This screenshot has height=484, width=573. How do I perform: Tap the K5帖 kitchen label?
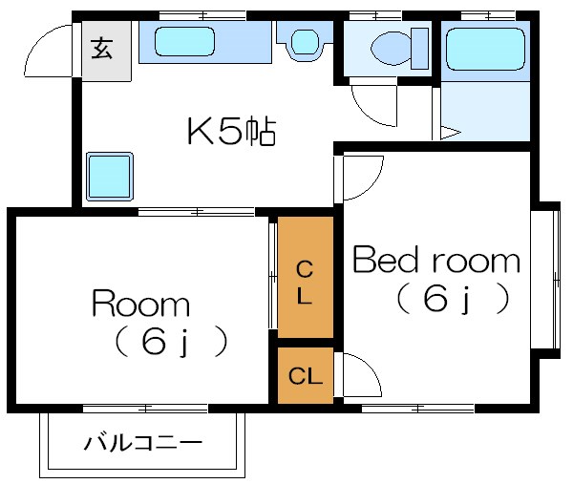230,132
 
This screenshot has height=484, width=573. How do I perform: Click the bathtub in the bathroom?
486,48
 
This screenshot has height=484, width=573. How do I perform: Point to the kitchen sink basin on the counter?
187,42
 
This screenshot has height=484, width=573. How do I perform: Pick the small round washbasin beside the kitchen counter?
304,42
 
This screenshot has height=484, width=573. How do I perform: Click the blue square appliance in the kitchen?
108,176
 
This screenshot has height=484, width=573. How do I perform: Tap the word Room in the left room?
140,305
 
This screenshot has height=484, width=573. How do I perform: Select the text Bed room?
436,261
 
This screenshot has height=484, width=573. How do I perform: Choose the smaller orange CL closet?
305,374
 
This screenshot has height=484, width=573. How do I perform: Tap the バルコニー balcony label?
142,443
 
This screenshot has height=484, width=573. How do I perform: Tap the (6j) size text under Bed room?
448,301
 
